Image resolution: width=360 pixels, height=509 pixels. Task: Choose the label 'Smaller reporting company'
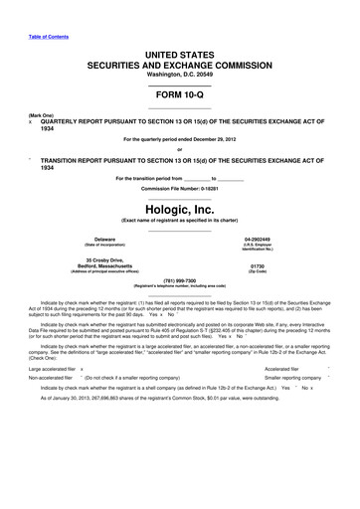pyautogui.click(x=294, y=351)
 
